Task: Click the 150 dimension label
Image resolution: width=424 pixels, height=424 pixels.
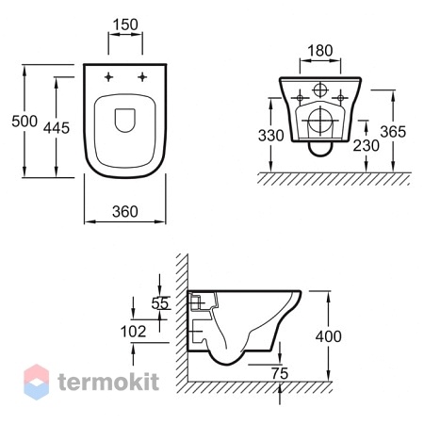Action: (125, 24)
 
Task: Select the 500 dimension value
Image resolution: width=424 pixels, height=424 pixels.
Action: (24, 122)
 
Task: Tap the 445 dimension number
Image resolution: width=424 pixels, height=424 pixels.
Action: (57, 128)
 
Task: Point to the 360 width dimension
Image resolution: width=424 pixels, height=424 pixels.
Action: (125, 212)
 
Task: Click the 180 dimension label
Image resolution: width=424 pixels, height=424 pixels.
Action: (320, 51)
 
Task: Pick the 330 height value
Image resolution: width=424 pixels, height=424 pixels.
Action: (270, 136)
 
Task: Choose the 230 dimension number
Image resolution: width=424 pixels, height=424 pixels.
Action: (367, 146)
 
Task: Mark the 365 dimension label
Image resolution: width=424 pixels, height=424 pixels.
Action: (393, 132)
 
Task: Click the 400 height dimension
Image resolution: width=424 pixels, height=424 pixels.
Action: (329, 336)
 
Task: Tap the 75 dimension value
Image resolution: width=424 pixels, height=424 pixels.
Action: (280, 374)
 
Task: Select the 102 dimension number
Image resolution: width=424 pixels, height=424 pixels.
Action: (134, 332)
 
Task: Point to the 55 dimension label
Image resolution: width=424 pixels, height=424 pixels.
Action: (160, 303)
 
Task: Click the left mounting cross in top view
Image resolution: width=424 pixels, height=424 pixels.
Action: (108, 76)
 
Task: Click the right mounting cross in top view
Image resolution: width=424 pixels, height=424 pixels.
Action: (142, 76)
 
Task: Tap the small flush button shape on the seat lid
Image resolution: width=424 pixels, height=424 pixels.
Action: (125, 121)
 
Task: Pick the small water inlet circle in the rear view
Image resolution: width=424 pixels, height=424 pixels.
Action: (320, 90)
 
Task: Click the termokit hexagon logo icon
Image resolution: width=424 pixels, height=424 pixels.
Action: (37, 382)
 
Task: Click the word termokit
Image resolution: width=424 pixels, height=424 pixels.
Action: (108, 382)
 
